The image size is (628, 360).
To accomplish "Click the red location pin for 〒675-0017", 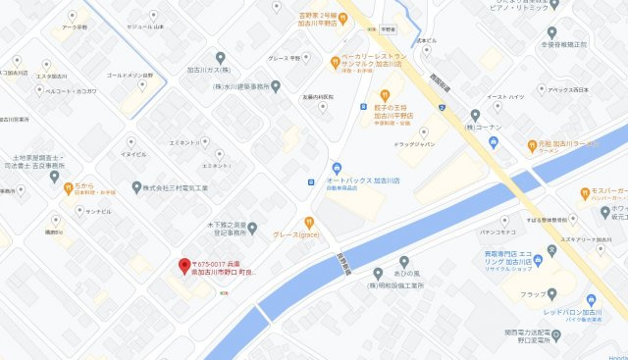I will tap(183, 265).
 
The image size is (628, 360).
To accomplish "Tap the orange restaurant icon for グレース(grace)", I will tap(309, 222).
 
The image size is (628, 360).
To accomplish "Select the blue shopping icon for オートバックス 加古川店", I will tap(337, 168).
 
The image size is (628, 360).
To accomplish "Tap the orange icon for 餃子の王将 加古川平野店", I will tap(371, 95).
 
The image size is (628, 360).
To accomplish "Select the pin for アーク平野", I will tap(72, 17).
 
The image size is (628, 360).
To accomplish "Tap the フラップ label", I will tap(534, 292).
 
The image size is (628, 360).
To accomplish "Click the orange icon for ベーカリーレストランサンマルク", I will tap(334, 61).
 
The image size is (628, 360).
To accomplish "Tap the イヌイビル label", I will tap(132, 154).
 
